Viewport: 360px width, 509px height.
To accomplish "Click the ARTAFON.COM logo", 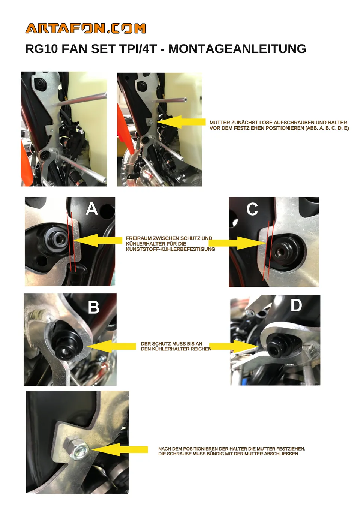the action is point(85,28).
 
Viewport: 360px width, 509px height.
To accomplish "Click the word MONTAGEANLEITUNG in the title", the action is point(237,49).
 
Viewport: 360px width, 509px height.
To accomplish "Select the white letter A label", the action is point(91,209).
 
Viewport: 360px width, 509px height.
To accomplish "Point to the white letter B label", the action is point(94,307).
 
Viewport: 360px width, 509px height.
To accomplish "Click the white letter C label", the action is point(252,209).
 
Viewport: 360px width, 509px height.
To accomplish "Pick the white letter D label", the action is point(296,305).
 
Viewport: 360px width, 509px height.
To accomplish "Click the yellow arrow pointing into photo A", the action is point(98,240).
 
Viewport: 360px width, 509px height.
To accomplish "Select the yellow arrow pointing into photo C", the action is point(237,243).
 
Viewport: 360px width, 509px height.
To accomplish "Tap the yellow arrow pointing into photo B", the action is point(111,346).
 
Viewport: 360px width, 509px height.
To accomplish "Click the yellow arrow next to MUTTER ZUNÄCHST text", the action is point(181,122).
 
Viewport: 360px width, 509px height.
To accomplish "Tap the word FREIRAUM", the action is point(139,238).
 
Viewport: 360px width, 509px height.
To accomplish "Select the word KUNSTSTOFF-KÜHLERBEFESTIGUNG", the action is point(171,249).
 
